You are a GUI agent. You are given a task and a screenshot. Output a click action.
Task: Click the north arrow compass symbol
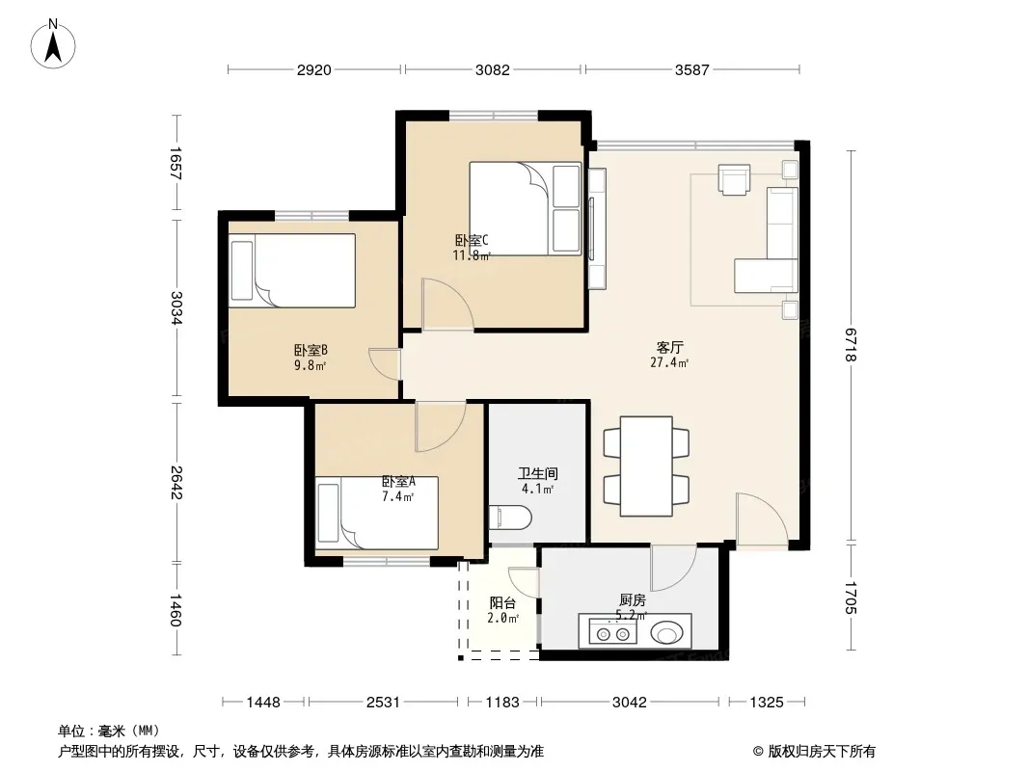pyautogui.click(x=53, y=44)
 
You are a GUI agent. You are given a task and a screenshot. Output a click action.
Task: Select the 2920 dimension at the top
pyautogui.click(x=314, y=70)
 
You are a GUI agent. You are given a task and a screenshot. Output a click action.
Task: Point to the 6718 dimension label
pyautogui.click(x=851, y=345)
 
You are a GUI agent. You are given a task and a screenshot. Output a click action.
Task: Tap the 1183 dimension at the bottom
pyautogui.click(x=502, y=703)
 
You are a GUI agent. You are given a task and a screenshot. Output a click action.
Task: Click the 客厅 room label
pyautogui.click(x=669, y=347)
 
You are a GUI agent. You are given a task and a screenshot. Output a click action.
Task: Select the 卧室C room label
pyautogui.click(x=472, y=240)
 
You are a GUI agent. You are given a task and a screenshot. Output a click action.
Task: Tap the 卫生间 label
pyautogui.click(x=537, y=473)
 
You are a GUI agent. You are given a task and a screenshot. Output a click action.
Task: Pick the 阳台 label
pyautogui.click(x=502, y=602)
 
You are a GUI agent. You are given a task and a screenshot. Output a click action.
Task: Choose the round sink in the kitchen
pyautogui.click(x=666, y=633)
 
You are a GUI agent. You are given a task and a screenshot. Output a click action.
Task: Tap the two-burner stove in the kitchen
pyautogui.click(x=612, y=633)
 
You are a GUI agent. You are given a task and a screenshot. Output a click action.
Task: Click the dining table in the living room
pyautogui.click(x=646, y=465)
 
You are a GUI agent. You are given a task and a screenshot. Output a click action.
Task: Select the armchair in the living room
pyautogui.click(x=734, y=179)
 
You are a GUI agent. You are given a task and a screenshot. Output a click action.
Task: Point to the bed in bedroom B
pyautogui.click(x=292, y=271)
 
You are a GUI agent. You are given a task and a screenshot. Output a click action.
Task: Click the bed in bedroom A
pyautogui.click(x=377, y=513)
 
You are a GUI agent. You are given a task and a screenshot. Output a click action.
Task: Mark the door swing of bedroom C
pyautogui.click(x=447, y=304)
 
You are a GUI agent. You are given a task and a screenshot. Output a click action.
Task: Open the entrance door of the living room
pyautogui.click(x=762, y=518)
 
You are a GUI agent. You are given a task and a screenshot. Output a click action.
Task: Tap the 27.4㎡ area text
pyautogui.click(x=669, y=362)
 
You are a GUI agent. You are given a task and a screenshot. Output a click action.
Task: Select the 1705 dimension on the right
pyautogui.click(x=851, y=598)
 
